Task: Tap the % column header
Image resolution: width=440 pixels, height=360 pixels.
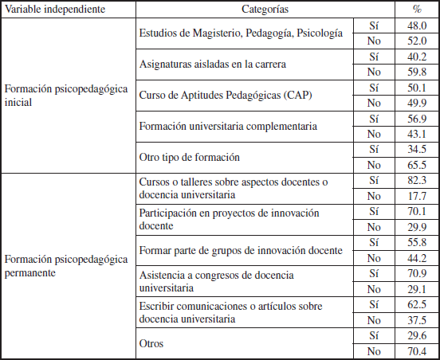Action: [x=417, y=8]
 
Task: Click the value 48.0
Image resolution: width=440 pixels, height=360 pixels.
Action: [x=417, y=25]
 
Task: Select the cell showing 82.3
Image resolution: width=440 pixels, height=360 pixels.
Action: [x=417, y=181]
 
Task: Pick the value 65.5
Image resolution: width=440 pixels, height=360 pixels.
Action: [x=417, y=165]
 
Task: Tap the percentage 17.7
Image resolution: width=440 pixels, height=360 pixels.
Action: [x=417, y=196]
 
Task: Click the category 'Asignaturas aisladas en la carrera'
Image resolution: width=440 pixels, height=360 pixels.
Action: [x=212, y=64]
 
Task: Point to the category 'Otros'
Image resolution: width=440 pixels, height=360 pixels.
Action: [x=152, y=343]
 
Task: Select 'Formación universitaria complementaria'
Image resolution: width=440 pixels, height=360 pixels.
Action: [x=228, y=127]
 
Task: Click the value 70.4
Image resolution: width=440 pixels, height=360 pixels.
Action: [x=417, y=351]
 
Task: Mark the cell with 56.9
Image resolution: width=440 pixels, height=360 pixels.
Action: [x=417, y=119]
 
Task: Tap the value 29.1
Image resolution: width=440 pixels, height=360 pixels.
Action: [x=417, y=289]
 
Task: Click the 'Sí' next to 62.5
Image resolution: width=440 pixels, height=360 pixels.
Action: [x=374, y=305]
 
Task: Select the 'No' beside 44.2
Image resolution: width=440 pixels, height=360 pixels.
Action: [x=374, y=258]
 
